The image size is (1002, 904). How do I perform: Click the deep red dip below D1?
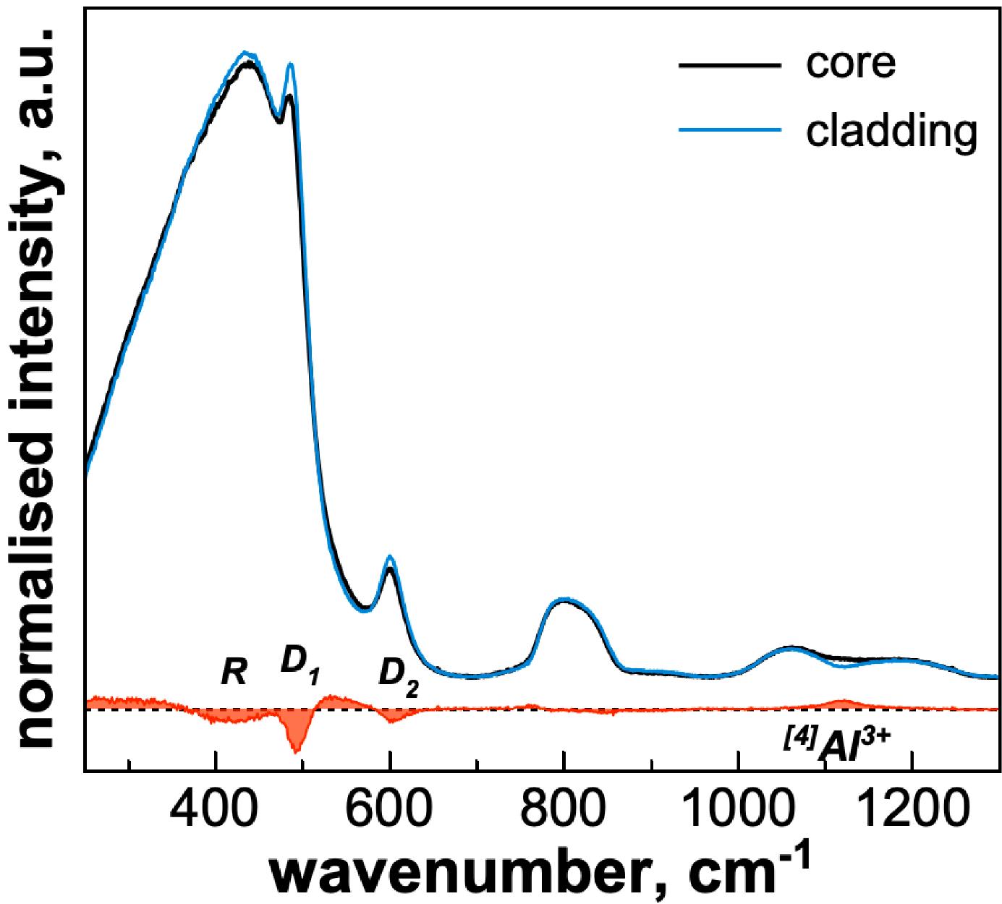click(x=296, y=745)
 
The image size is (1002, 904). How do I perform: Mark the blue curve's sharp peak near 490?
click(x=291, y=64)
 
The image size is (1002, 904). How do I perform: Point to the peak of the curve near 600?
click(x=390, y=557)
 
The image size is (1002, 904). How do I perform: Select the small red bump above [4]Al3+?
click(x=841, y=702)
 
